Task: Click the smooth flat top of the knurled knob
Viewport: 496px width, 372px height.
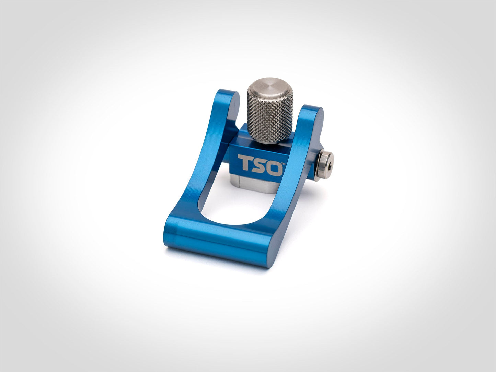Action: click(x=270, y=86)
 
